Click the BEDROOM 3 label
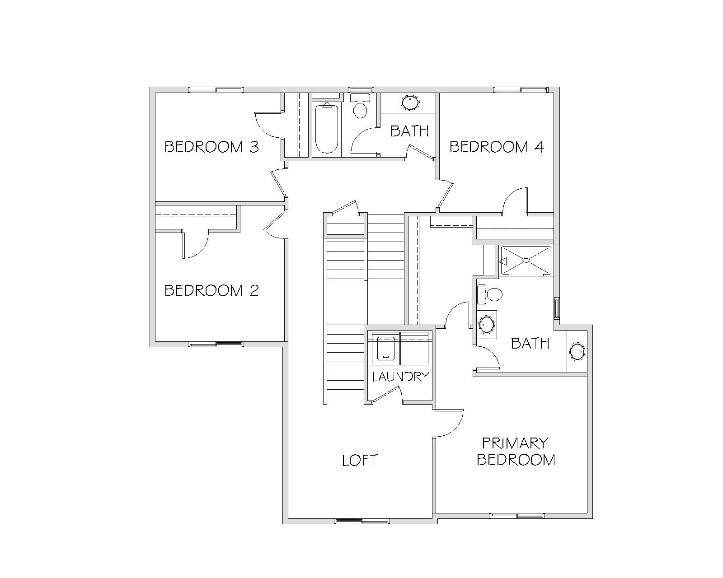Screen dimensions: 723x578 (211, 147)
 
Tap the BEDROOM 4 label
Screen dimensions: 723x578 (497, 147)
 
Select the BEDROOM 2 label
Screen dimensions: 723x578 (211, 290)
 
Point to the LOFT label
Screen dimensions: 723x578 (360, 460)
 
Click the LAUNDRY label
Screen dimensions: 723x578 (400, 377)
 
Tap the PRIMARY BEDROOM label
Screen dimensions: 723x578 (516, 452)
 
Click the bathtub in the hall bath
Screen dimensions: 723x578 (327, 128)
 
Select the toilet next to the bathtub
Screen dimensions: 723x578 (360, 106)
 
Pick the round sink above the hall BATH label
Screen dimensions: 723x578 (410, 103)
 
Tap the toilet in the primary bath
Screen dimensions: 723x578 (490, 294)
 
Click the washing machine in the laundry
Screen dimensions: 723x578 (386, 348)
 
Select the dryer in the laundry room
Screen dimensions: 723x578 (414, 348)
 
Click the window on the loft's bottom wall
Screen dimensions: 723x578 (362, 521)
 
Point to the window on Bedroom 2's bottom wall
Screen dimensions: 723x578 (216, 344)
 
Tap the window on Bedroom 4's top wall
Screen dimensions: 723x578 (521, 90)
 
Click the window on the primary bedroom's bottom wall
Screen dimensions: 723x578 (516, 516)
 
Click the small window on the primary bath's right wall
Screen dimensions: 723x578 (557, 308)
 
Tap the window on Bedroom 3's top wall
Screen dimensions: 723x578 (216, 90)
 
